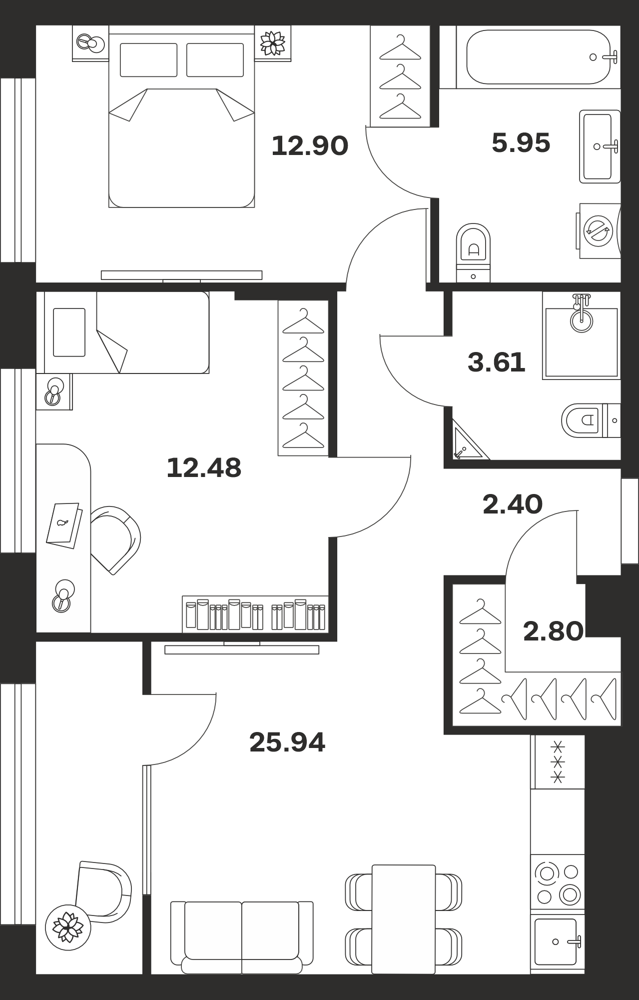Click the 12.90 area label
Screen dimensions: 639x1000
[310, 146]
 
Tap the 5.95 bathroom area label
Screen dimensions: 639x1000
[521, 143]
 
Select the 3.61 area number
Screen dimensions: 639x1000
[497, 362]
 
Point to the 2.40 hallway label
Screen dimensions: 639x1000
[513, 504]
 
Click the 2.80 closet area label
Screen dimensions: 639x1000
[553, 631]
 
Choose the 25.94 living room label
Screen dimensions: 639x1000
[287, 742]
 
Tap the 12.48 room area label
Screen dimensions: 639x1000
[204, 468]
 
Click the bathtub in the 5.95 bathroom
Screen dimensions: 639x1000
[538, 57]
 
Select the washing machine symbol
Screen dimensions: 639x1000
[599, 230]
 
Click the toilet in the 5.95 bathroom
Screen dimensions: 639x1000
[474, 252]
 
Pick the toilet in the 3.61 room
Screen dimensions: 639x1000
[591, 420]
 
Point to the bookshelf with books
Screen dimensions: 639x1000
[255, 614]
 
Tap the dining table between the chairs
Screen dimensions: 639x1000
[404, 919]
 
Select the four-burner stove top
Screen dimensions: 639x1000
[558, 882]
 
